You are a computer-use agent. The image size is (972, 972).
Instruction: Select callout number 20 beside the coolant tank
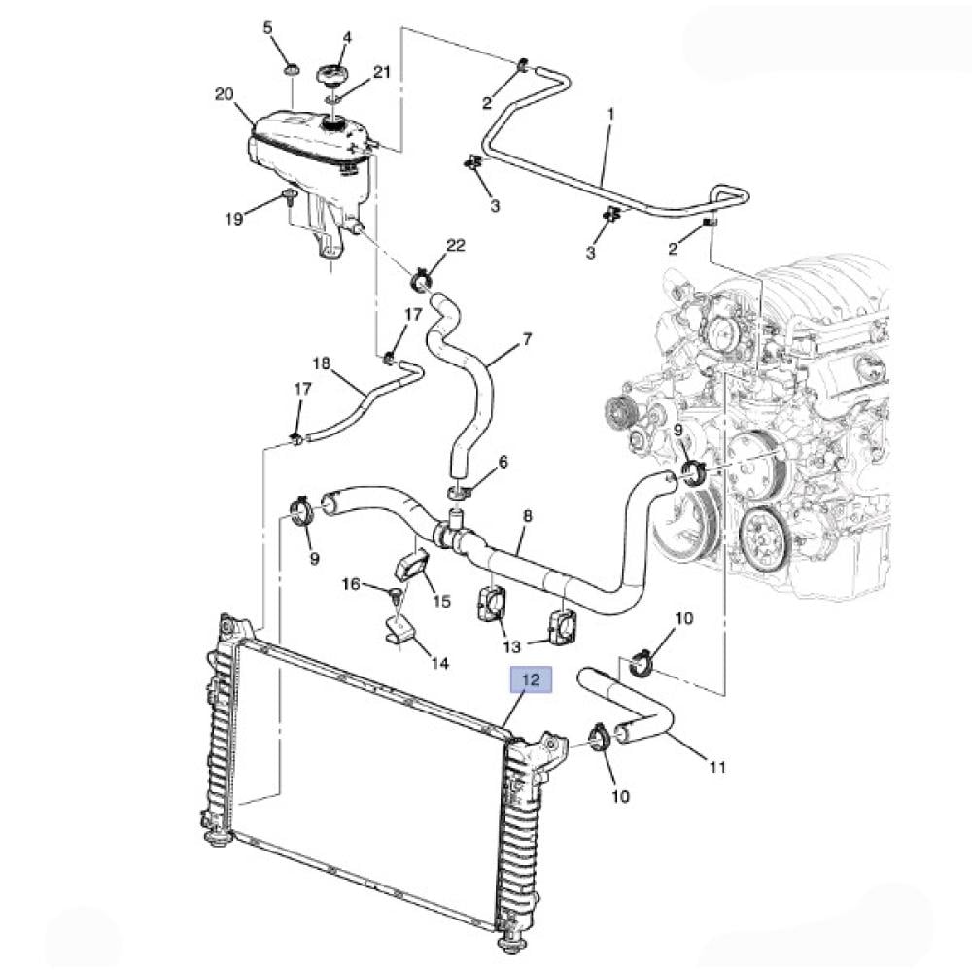(225, 94)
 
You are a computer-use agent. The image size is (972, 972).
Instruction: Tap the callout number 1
(610, 115)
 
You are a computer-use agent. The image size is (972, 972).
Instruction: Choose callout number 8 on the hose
(527, 518)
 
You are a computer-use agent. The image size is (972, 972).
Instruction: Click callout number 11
(717, 767)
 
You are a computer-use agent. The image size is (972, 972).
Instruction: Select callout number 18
(322, 364)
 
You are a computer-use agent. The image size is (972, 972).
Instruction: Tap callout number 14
(440, 664)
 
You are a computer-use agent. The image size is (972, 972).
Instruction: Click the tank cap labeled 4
(333, 74)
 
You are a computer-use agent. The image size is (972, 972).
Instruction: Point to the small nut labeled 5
(290, 71)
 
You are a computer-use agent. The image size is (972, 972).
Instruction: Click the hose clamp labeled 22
(423, 281)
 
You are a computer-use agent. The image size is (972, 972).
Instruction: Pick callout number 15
(441, 601)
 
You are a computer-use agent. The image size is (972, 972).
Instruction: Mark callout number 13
(511, 646)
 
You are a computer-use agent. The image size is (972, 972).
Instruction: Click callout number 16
(351, 583)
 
